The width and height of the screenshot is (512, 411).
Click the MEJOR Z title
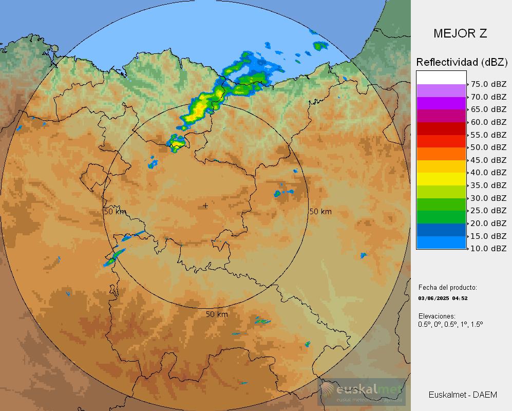[460, 34]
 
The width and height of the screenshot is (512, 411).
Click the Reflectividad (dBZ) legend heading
[462, 62]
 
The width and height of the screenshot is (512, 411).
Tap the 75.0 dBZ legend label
[488, 84]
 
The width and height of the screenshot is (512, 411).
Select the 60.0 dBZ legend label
[488, 122]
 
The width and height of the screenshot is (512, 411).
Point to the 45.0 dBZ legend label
[488, 160]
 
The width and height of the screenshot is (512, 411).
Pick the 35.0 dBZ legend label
[488, 185]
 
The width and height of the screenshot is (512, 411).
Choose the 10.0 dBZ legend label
[488, 249]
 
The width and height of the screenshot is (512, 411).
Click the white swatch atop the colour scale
[441, 78]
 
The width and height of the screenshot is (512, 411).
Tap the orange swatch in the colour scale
[441, 154]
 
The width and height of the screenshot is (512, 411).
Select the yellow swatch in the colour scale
[441, 179]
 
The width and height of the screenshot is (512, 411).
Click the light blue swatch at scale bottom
[441, 242]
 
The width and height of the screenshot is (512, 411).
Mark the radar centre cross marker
[206, 206]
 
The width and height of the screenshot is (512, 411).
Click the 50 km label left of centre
[115, 212]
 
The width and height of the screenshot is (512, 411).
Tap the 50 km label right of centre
[320, 212]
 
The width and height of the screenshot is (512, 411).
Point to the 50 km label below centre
[217, 314]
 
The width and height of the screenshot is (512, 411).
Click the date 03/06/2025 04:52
[443, 298]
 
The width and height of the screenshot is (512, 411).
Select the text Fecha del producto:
[447, 288]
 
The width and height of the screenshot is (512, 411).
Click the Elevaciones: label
[437, 316]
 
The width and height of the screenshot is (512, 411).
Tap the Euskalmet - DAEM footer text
[463, 395]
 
